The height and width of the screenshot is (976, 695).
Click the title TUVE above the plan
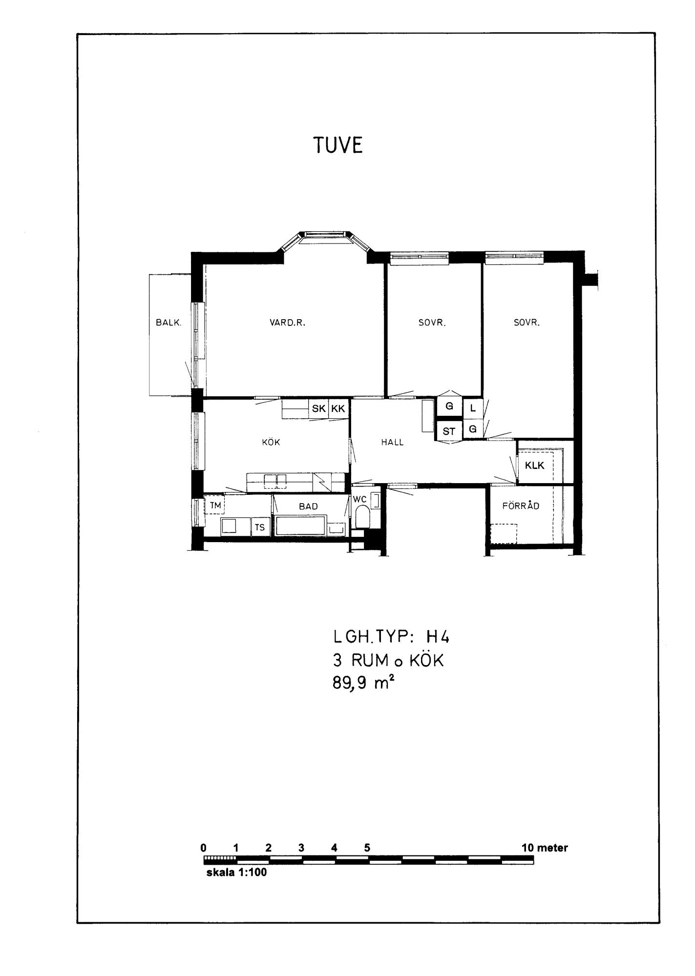tap(338, 145)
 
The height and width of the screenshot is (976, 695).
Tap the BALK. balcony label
tap(168, 323)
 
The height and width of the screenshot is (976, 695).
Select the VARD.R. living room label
tap(288, 323)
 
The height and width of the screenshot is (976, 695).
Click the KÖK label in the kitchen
tap(271, 442)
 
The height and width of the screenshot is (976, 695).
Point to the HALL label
tap(393, 443)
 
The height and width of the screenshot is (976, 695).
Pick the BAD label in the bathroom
tap(308, 507)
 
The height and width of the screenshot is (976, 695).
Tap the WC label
tap(360, 499)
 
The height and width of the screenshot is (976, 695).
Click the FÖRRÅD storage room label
tap(521, 506)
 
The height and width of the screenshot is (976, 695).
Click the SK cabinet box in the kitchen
tap(318, 408)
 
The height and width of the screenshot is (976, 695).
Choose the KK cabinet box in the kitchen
tap(338, 408)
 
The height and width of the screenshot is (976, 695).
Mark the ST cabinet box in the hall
tap(449, 431)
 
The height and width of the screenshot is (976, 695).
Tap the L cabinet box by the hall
tap(473, 408)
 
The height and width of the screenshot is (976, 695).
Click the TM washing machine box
tap(214, 505)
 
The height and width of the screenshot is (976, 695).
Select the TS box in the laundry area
tap(260, 527)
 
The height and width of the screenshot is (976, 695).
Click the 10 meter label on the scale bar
tap(545, 848)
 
